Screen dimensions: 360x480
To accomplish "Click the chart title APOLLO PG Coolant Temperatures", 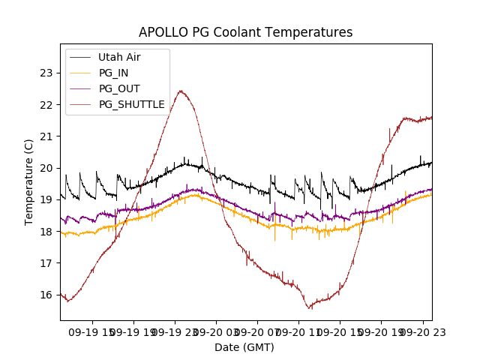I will (x=245, y=33).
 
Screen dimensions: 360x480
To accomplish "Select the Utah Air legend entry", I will (x=119, y=57).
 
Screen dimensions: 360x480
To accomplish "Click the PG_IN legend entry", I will (x=114, y=73).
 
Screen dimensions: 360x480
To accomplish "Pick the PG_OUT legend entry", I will (x=118, y=88).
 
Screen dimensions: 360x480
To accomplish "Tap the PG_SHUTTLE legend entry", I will (x=131, y=104).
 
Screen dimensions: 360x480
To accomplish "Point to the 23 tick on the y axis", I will (x=46, y=73).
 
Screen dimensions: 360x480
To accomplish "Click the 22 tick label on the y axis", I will (x=46, y=104).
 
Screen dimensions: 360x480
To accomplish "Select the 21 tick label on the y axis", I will (x=46, y=136).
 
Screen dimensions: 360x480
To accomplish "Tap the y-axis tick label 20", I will (x=46, y=168).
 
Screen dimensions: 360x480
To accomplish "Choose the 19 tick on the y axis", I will (x=46, y=199).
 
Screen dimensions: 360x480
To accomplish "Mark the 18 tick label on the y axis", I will (x=46, y=231).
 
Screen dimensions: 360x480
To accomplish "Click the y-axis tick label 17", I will (x=46, y=262).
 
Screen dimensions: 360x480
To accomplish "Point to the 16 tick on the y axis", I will (x=46, y=295).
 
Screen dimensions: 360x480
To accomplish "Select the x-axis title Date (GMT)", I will (x=244, y=347).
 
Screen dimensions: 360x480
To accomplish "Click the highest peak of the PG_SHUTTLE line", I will (x=180, y=91).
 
